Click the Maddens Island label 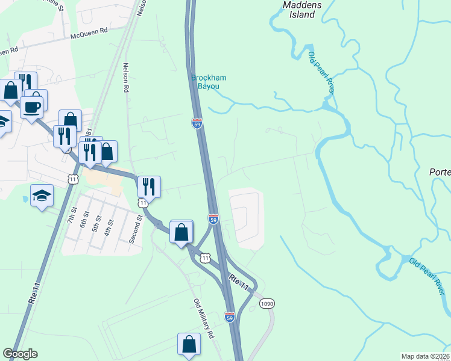298,9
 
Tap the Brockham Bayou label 204,82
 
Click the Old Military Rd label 204,318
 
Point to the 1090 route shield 267,304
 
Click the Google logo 20,354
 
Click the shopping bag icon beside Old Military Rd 189,344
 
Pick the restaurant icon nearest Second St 148,187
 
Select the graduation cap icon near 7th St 42,196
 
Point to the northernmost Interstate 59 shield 197,123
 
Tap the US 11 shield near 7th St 73,179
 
